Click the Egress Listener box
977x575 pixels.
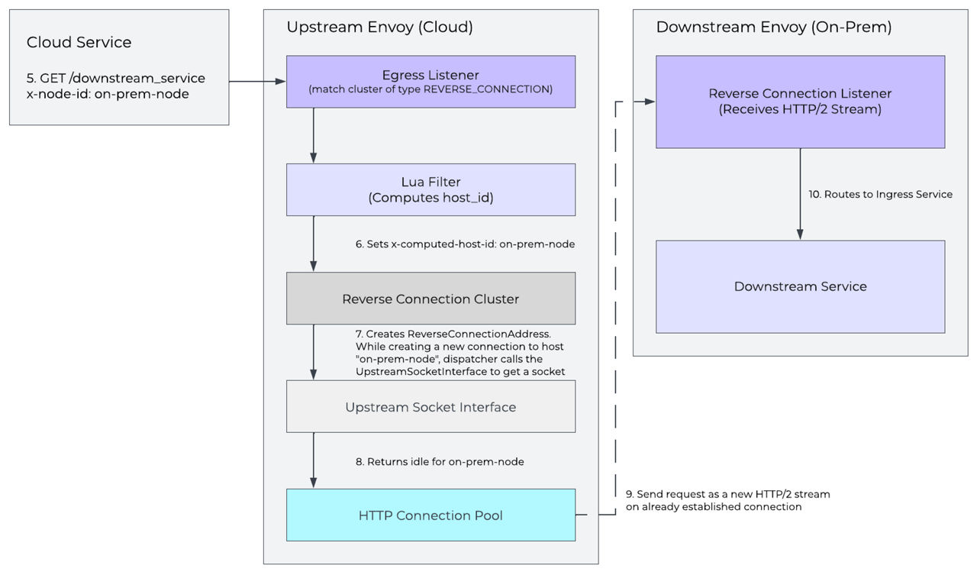(x=430, y=82)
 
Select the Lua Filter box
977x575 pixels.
(x=430, y=189)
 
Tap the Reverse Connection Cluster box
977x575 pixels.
(x=430, y=299)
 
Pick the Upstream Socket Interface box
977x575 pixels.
(x=430, y=407)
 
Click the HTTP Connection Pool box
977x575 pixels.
(x=430, y=515)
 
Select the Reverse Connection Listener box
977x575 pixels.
(x=800, y=102)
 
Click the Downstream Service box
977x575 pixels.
(x=800, y=286)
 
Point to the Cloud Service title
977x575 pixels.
(x=79, y=42)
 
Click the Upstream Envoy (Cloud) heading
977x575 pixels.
(x=379, y=27)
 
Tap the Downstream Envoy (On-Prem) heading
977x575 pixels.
(x=773, y=27)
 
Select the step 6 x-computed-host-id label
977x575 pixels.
(x=465, y=244)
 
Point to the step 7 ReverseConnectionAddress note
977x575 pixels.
(x=460, y=353)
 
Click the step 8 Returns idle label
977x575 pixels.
(x=440, y=462)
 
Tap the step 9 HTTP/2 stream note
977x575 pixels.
(x=727, y=500)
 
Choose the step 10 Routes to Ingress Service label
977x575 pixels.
(x=880, y=194)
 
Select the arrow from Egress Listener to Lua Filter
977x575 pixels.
(x=313, y=135)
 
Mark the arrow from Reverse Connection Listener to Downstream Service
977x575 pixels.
(x=800, y=194)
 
